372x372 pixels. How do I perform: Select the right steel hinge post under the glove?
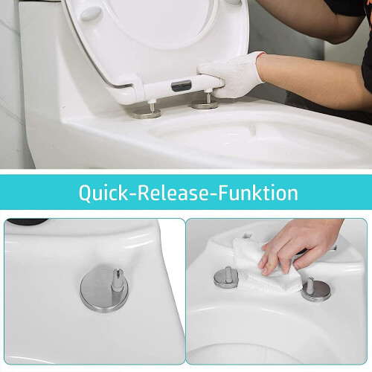(206, 99)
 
